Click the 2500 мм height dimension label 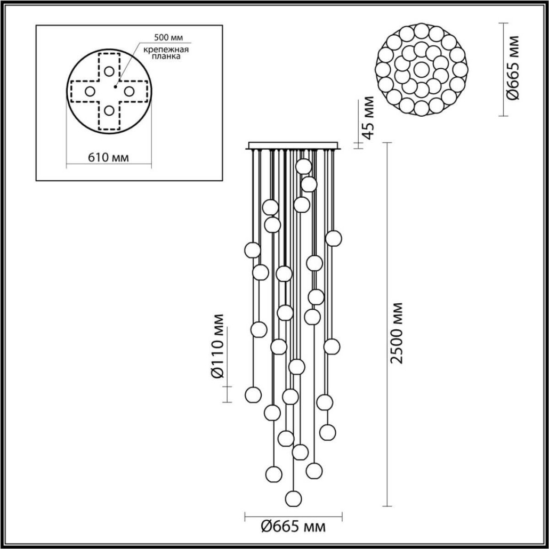click(397, 333)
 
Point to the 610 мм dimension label click(108, 157)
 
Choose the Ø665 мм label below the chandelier click(293, 527)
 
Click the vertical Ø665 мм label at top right click(514, 68)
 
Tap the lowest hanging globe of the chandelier click(293, 498)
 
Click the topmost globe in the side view click(303, 166)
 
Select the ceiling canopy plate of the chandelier click(293, 145)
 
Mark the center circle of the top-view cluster click(422, 69)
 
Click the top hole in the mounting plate click(109, 71)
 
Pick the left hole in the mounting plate click(90, 91)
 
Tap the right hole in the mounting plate click(128, 91)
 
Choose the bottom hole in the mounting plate click(109, 110)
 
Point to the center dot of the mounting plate click(115, 85)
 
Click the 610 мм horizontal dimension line click(108, 166)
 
